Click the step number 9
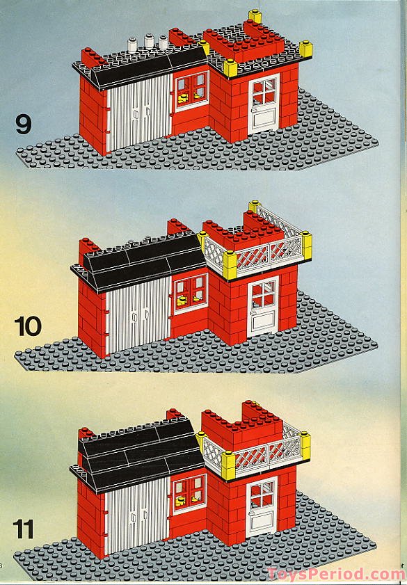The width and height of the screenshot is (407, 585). coord(24,125)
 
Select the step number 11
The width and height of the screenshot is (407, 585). coord(23,529)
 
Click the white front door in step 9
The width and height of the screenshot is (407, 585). coord(264,104)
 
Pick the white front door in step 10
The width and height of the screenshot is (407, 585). coord(263,306)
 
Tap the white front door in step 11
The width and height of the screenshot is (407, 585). coord(262,506)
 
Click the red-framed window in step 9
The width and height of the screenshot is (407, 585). coord(192,90)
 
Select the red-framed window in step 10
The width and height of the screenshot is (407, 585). coord(191,294)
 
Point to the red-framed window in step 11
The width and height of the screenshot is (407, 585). coord(189,494)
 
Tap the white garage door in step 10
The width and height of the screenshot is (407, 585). coord(138,315)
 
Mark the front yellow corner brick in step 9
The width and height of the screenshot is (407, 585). coord(230,68)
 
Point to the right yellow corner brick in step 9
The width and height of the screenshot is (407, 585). coord(305,49)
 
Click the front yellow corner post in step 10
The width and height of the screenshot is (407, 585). coord(230,265)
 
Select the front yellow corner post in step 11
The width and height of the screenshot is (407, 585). coord(228,465)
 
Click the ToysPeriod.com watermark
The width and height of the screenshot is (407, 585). coord(337,573)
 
